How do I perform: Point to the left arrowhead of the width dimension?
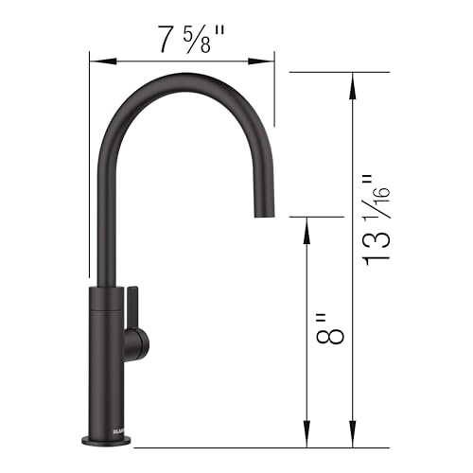pyautogui.click(x=95, y=61)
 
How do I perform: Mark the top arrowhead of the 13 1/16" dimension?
pyautogui.click(x=354, y=79)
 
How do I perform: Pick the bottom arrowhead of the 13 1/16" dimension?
pyautogui.click(x=354, y=440)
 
